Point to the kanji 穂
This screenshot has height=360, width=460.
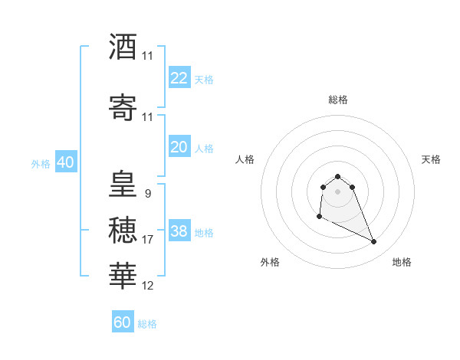point(123,231)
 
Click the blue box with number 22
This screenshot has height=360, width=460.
point(179,78)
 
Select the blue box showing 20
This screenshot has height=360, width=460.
point(179,147)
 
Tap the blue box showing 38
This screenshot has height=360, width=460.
point(179,231)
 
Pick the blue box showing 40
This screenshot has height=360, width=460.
point(65,162)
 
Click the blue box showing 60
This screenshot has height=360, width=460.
point(123,322)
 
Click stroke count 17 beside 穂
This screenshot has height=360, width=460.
point(148,240)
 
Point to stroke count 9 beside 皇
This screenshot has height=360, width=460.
point(147,193)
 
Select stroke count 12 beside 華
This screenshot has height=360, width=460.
point(148,286)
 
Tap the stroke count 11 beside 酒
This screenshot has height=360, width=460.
point(148,56)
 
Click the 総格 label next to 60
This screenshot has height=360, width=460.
point(148,324)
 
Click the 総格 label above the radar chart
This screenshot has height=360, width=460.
point(337,100)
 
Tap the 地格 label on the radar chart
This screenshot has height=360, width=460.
point(402,262)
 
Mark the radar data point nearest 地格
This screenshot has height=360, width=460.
point(374,242)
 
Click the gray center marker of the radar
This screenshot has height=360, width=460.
point(337,191)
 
